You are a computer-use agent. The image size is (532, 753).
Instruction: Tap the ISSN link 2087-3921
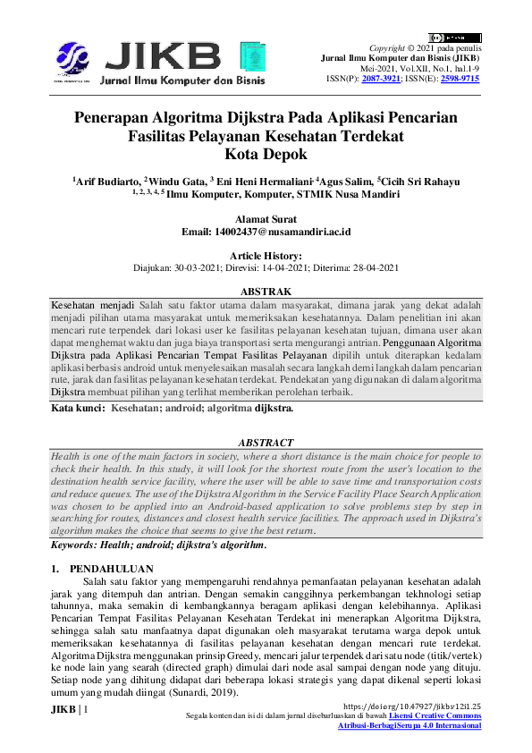click(381, 79)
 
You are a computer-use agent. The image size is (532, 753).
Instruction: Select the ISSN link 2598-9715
click(461, 79)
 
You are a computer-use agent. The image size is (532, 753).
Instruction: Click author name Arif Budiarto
click(108, 182)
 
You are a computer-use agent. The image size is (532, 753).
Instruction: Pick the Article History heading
click(266, 256)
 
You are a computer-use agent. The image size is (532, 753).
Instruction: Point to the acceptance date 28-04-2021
click(368, 267)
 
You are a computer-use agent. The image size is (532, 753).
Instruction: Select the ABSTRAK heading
click(266, 292)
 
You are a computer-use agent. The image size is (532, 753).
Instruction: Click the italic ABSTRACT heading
click(266, 442)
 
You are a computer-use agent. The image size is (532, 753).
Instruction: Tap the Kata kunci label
click(78, 408)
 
